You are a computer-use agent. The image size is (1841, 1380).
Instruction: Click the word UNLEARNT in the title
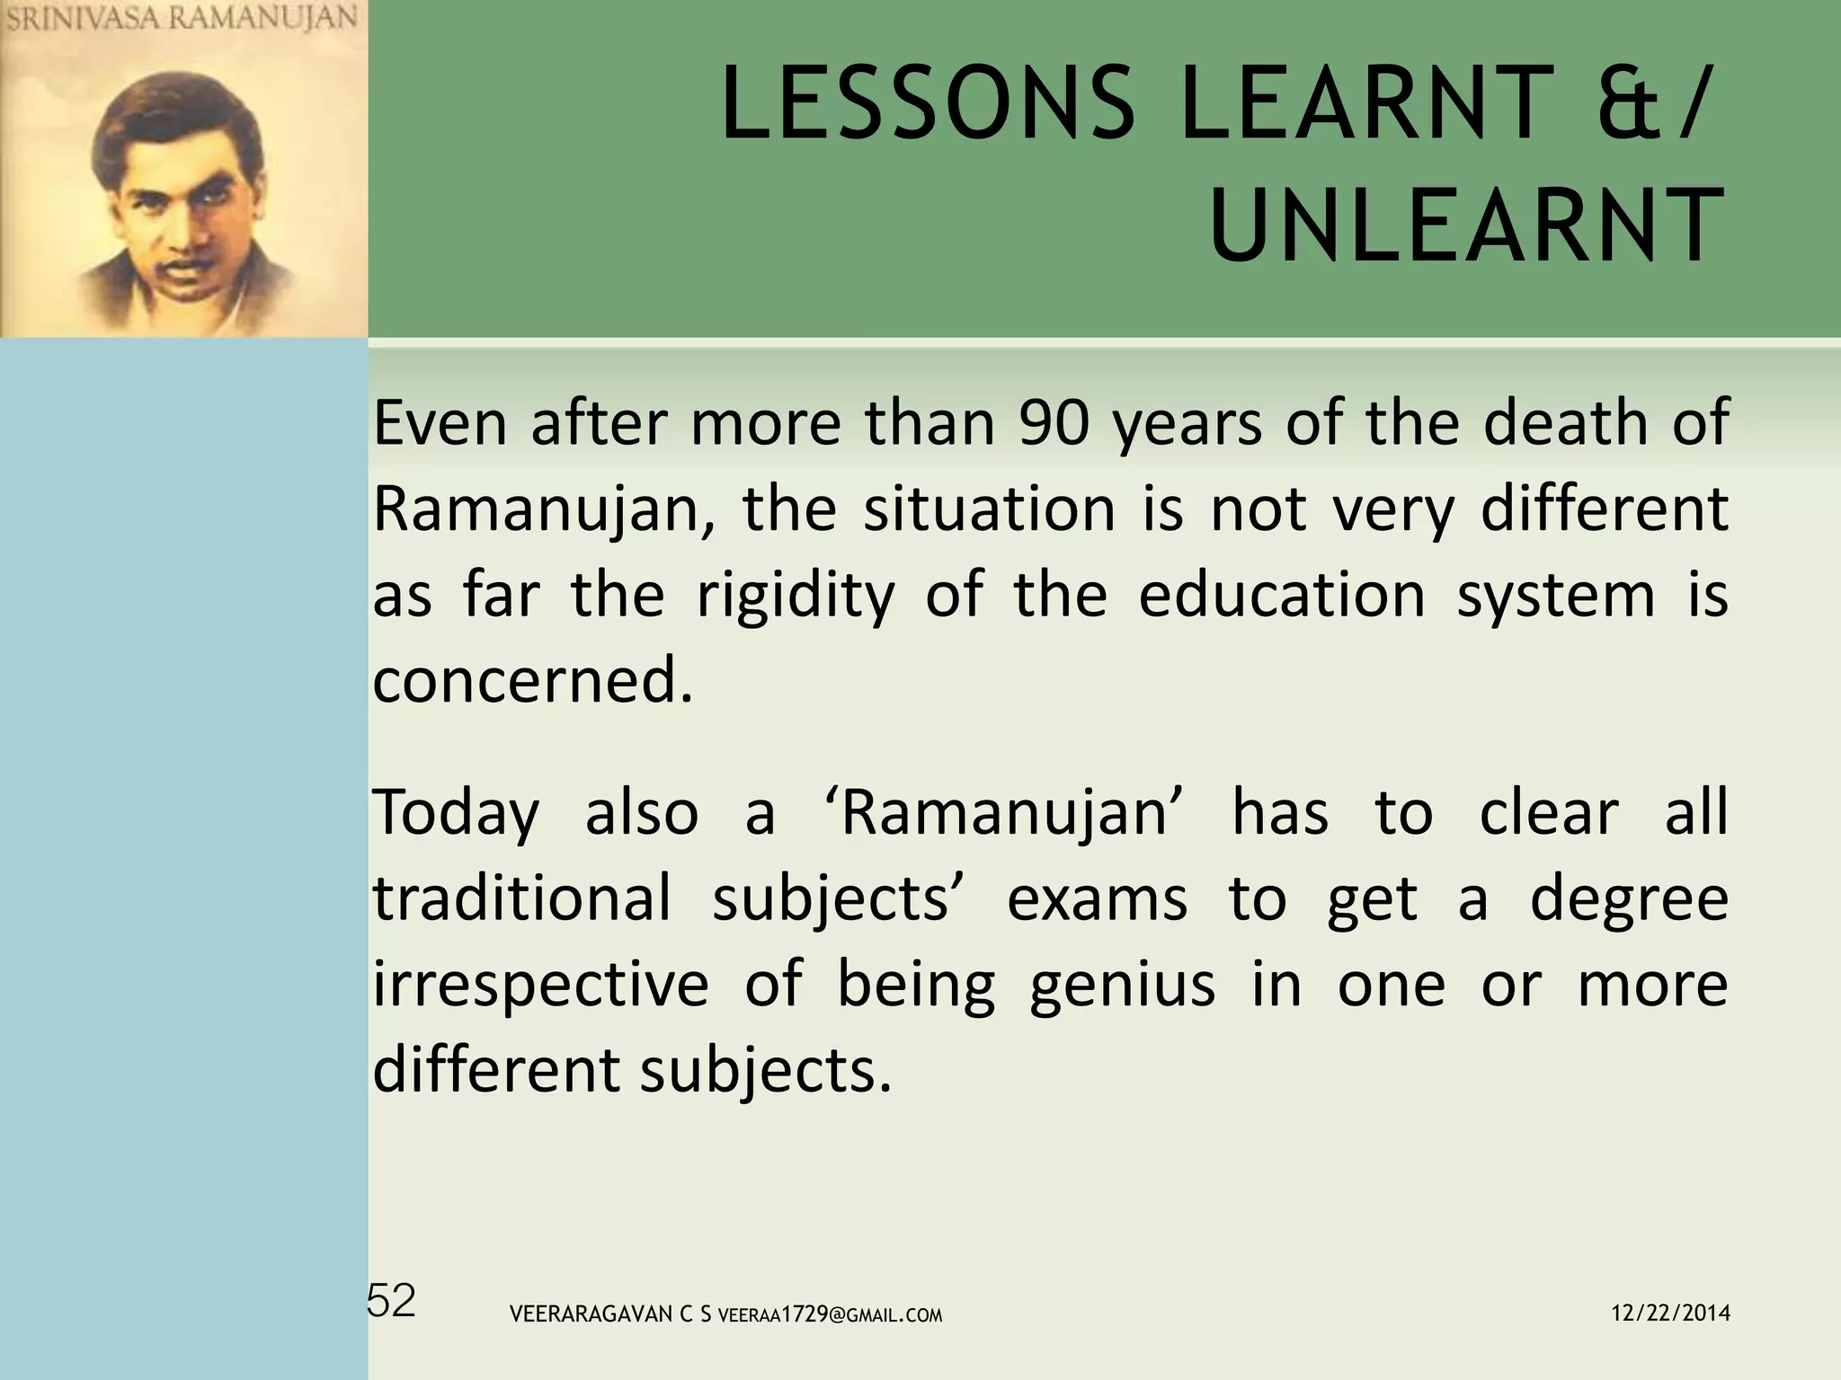[1467, 226]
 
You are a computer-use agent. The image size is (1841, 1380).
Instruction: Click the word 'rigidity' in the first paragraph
[796, 597]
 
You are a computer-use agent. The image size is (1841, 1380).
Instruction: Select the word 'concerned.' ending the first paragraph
[534, 681]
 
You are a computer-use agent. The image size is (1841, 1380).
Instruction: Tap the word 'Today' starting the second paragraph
[456, 814]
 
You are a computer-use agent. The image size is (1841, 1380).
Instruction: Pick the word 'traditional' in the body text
[522, 898]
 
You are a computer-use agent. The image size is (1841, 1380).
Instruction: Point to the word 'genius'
[1122, 986]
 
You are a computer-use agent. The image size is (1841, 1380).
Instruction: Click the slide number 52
[392, 1301]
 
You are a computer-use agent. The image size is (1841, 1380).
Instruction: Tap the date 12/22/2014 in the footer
[1670, 1314]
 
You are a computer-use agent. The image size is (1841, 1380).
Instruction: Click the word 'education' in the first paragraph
[1282, 597]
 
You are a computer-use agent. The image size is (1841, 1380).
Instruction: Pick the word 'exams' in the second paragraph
[1097, 898]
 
